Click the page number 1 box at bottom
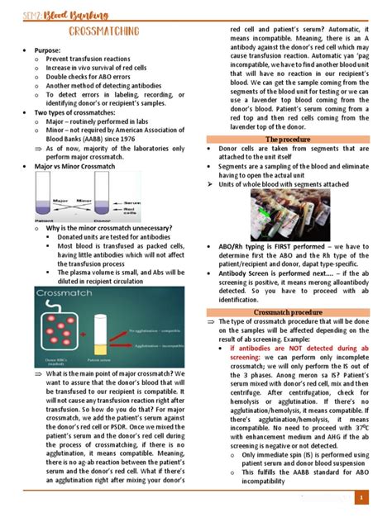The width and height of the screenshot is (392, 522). point(362,498)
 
